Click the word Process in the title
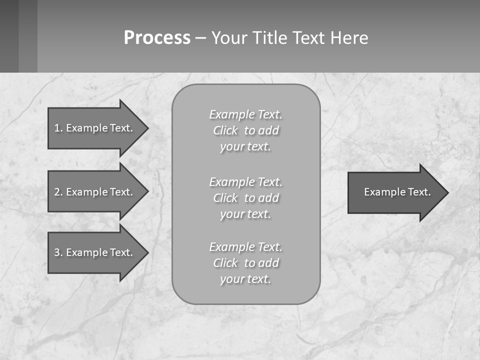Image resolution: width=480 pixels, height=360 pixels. (157, 38)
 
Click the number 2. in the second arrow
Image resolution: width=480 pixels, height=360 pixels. (58, 192)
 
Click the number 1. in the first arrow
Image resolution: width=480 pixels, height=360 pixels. (58, 128)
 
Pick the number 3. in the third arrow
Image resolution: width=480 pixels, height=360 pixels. (58, 252)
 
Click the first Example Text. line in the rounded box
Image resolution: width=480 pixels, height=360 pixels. (245, 114)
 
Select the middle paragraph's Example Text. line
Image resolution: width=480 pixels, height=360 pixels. (245, 182)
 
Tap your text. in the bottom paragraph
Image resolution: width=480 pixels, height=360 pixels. (245, 279)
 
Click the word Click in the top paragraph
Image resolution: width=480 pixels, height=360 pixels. (225, 130)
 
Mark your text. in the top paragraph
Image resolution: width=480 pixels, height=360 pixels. (245, 146)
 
